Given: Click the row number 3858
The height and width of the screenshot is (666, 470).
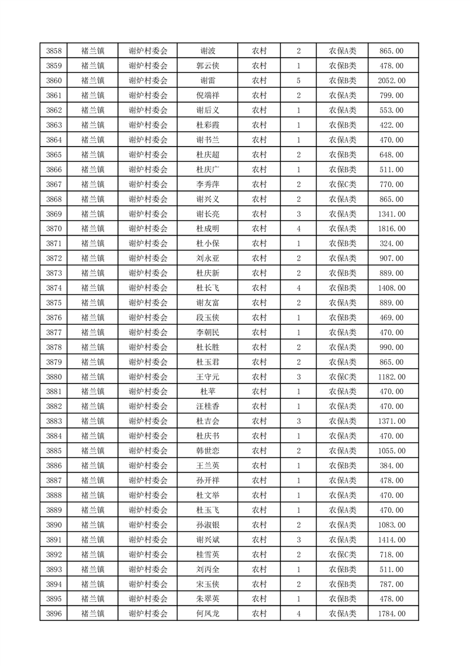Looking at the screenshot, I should point(55,51).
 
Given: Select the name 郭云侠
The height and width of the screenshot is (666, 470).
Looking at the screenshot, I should point(207,66).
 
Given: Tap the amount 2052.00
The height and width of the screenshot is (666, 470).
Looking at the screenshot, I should point(391,81).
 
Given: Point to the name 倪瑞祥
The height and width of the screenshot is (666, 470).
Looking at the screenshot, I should point(207,96).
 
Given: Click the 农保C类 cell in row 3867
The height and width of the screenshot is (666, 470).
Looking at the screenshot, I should point(342,185).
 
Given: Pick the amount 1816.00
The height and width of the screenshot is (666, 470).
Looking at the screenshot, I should point(391,229).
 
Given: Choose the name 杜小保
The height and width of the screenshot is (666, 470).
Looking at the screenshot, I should point(207,243).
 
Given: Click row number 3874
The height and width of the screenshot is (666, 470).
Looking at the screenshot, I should point(55,288).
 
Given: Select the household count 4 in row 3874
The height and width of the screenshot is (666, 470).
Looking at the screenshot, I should point(298,288).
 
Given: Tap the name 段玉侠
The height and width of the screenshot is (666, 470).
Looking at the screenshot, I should point(207,318).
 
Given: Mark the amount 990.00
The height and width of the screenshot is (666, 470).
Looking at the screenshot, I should point(391,347).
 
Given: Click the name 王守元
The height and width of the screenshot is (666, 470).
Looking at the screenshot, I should point(207,377).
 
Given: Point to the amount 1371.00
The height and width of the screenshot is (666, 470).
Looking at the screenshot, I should point(391,421).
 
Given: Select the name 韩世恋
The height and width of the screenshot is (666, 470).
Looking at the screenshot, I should point(207,451).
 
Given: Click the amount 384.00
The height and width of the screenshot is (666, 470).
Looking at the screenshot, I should point(391,465).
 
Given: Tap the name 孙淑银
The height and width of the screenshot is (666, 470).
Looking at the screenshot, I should point(207,525).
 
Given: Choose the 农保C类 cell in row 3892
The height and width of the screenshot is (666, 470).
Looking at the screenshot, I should point(342,554).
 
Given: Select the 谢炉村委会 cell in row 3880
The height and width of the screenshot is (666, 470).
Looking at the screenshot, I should point(148,377).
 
